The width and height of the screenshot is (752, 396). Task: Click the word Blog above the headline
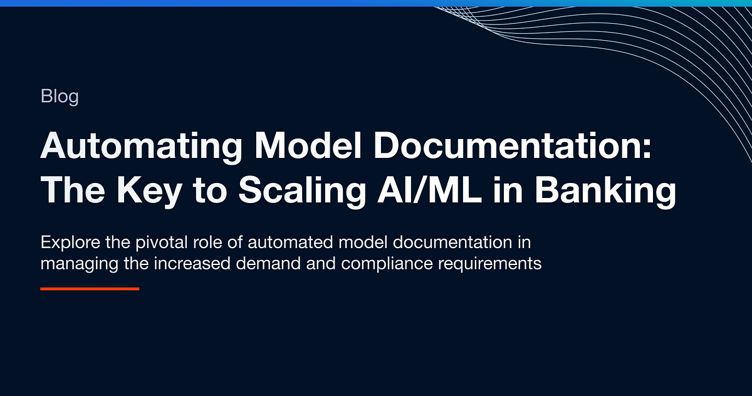(60, 97)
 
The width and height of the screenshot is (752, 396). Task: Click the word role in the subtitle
(197, 243)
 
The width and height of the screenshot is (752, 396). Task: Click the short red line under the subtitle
(90, 289)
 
